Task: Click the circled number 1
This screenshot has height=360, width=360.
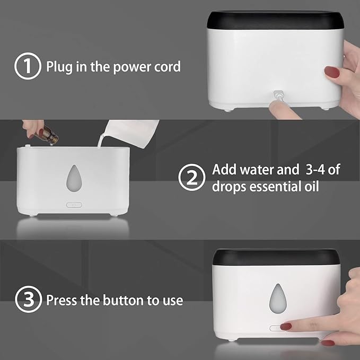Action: [27, 67]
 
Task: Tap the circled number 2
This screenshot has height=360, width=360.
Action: [191, 178]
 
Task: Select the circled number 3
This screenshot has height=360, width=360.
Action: [27, 301]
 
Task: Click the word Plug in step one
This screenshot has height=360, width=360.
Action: [59, 67]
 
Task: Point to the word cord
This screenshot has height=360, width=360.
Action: [168, 67]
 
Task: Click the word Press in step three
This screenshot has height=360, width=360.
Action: [60, 301]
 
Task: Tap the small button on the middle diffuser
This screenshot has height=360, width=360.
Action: [72, 204]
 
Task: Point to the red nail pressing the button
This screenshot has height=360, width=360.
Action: [286, 326]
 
